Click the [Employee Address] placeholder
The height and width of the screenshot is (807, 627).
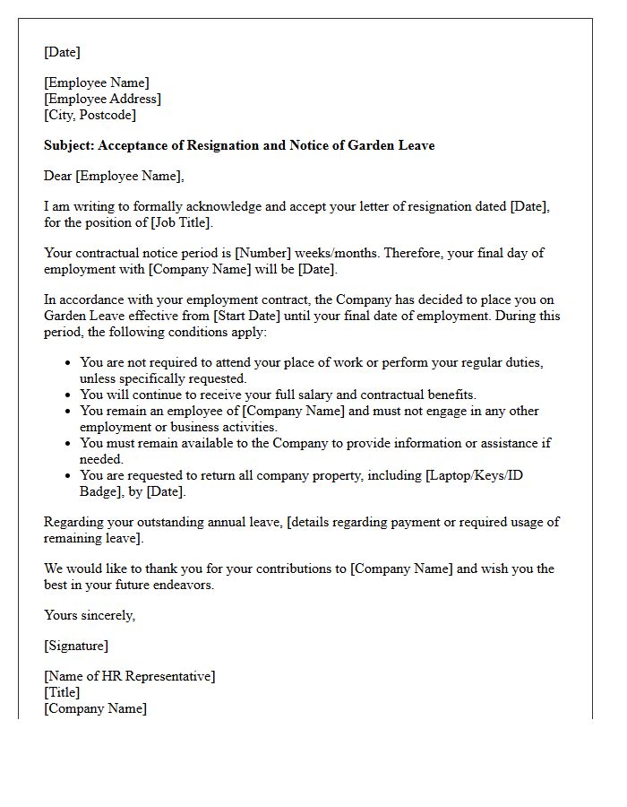(x=102, y=100)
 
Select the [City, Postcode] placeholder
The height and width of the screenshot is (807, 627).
(x=90, y=116)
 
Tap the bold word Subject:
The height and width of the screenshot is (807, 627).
(x=70, y=145)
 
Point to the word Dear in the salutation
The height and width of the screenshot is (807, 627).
(x=58, y=176)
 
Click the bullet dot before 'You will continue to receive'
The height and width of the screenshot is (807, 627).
(x=68, y=395)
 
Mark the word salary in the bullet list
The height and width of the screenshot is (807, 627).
(x=307, y=395)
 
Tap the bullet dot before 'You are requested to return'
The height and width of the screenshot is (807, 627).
(x=68, y=476)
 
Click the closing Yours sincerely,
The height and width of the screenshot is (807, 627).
(x=90, y=615)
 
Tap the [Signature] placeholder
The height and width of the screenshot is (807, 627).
(x=76, y=646)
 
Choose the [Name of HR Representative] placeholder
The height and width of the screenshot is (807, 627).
(x=129, y=676)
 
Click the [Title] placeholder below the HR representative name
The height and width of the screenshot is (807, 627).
(x=62, y=692)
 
